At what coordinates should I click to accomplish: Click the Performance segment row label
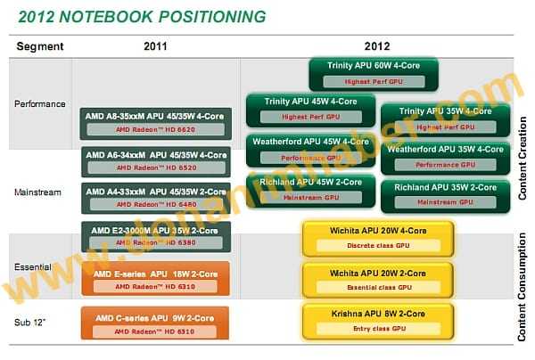pyautogui.click(x=40, y=104)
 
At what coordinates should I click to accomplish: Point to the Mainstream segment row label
pyautogui.click(x=37, y=192)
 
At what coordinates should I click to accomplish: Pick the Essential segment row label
pyautogui.click(x=34, y=266)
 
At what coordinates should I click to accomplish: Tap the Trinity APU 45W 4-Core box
pyautogui.click(x=309, y=108)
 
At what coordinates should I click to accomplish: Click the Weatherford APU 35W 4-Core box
pyautogui.click(x=444, y=157)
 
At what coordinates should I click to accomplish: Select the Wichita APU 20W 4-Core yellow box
pyautogui.click(x=378, y=238)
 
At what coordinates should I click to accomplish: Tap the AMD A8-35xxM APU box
pyautogui.click(x=156, y=122)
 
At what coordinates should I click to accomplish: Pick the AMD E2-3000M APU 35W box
pyautogui.click(x=156, y=235)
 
